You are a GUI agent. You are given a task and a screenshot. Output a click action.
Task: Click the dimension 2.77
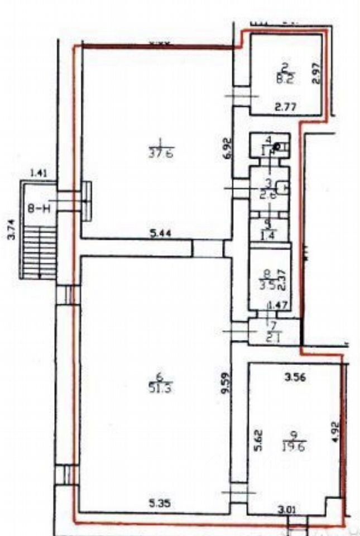285,104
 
